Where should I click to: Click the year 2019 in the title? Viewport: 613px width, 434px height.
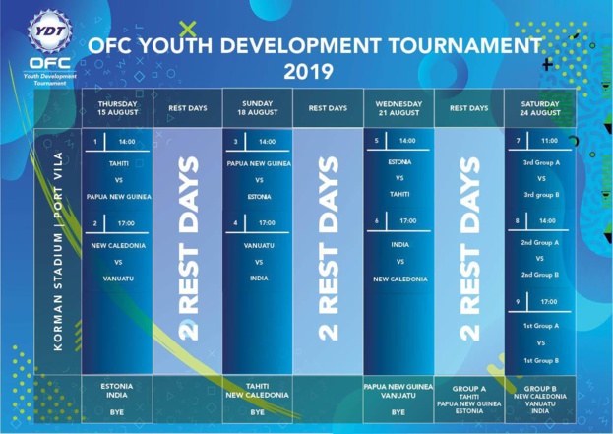pos(308,71)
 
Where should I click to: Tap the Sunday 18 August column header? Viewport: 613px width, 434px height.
pos(258,108)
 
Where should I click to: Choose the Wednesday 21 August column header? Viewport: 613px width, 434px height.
pos(398,108)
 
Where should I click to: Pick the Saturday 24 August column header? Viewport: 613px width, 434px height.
pos(539,108)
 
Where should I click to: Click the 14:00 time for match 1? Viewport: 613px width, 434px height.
pos(126,142)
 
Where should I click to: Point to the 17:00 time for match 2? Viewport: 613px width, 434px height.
pos(126,224)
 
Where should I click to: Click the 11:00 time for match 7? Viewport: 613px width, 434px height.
pos(548,142)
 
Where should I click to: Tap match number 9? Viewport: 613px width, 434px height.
pos(517,301)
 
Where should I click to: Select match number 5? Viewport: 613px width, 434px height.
pos(376,142)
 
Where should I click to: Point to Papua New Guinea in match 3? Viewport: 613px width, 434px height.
pos(259,163)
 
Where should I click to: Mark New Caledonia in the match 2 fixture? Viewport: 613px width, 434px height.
pos(118,245)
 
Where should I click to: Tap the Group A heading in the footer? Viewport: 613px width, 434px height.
pos(469,388)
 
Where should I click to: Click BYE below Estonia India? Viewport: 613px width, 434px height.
pos(118,412)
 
